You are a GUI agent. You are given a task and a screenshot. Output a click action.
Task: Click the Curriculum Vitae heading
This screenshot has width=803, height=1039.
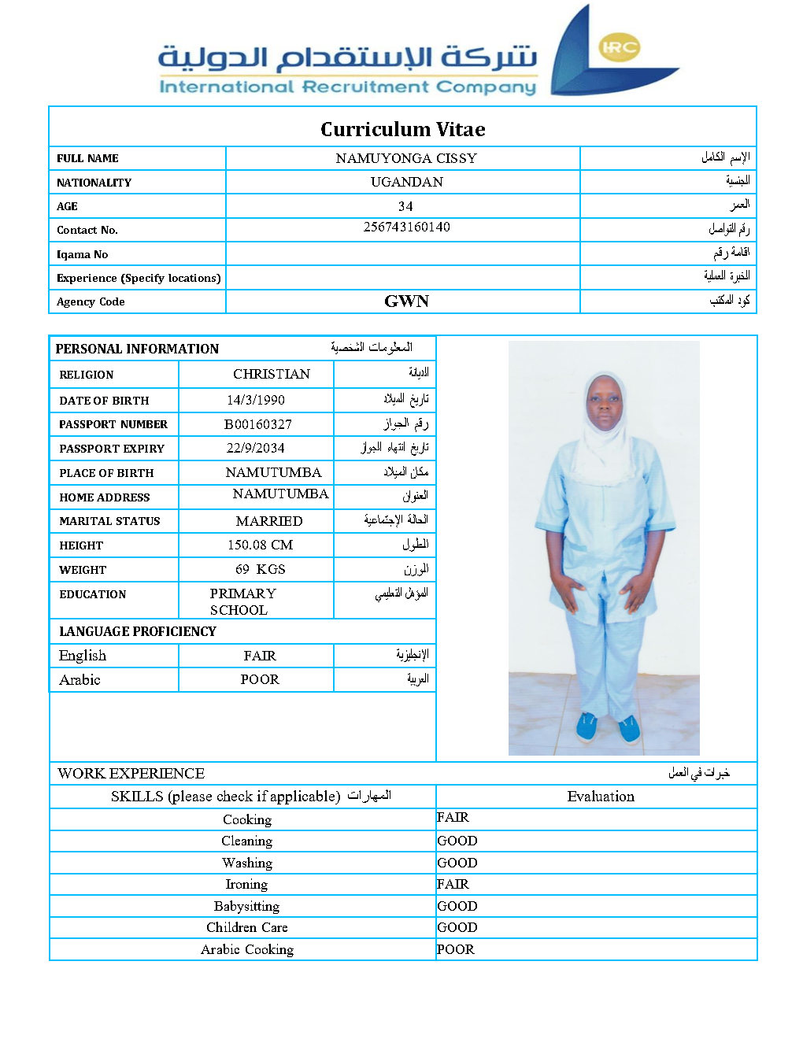(x=402, y=129)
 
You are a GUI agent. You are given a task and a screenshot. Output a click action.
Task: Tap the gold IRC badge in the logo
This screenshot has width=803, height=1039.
(x=619, y=48)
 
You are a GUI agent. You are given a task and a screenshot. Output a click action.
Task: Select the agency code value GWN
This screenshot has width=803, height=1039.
(x=406, y=301)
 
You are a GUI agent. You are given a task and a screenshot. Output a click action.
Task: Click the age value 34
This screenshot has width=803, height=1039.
(x=405, y=206)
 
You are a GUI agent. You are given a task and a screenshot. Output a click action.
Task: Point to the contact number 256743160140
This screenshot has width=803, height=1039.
(x=406, y=227)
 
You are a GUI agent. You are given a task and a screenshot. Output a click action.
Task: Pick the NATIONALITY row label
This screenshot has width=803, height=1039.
(x=94, y=183)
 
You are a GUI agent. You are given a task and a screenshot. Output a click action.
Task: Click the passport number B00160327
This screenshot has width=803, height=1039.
(x=257, y=424)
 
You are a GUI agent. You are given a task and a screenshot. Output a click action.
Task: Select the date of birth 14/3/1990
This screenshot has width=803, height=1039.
(x=255, y=400)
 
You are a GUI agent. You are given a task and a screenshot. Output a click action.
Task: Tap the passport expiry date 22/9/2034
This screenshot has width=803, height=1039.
(x=255, y=448)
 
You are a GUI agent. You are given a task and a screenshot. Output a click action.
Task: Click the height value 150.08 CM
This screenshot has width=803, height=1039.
(x=260, y=545)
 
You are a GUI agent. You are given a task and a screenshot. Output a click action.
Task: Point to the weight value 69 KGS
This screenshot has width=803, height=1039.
(x=260, y=569)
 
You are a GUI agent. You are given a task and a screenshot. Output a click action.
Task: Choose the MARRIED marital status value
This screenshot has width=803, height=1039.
(x=268, y=521)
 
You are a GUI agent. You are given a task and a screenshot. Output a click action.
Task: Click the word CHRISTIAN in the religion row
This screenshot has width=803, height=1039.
(x=271, y=374)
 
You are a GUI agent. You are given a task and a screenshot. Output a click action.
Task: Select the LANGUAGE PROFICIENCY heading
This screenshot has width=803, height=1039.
(x=137, y=631)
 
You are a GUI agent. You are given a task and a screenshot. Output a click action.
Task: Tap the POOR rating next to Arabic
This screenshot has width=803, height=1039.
(x=260, y=679)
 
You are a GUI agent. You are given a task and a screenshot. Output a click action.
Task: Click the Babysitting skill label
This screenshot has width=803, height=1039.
(x=246, y=906)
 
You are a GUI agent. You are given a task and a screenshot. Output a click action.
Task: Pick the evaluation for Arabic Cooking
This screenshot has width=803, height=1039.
(x=456, y=949)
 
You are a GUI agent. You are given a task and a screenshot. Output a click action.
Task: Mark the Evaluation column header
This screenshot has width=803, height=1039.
(x=601, y=797)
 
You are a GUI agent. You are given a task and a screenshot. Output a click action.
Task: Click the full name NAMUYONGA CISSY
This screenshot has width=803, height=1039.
(x=406, y=158)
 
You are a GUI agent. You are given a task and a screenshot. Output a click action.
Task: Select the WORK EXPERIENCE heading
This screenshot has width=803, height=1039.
(x=131, y=773)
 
